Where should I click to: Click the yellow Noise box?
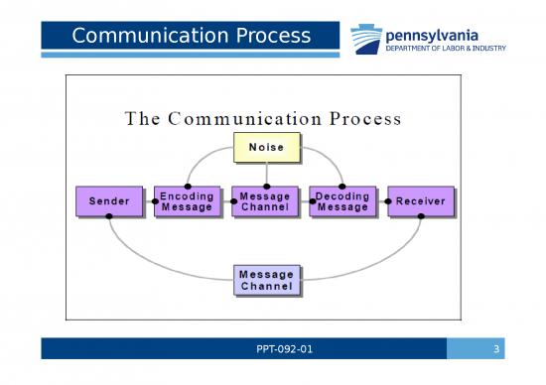pos(265,148)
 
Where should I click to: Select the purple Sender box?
pos(108,201)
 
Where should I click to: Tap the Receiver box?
pos(420,201)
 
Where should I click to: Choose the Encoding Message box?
pos(187,201)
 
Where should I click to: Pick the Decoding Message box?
pos(342,201)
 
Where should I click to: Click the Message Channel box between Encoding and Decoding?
pos(265,201)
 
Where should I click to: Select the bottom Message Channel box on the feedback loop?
pos(267,280)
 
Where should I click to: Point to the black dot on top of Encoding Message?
pos(188,186)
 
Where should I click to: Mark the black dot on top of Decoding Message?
pos(342,186)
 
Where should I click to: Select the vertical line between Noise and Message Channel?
pos(265,174)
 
